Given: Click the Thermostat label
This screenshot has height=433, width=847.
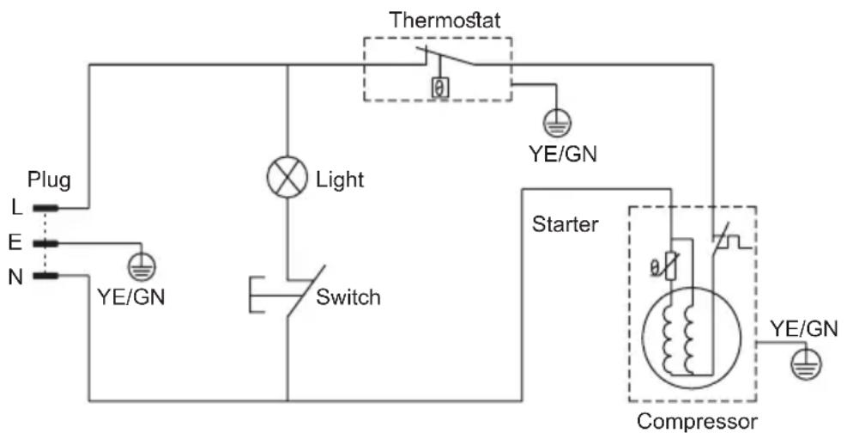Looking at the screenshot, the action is tap(445, 20).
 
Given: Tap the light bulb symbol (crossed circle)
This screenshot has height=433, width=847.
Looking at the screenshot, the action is tap(287, 177).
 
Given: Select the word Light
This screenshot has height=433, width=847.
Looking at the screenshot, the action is tap(340, 180).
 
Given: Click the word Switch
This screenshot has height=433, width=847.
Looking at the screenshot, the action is tap(348, 296).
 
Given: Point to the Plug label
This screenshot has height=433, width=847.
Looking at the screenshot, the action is tap(49, 181).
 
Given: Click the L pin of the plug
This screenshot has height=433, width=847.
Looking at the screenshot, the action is tap(45, 208).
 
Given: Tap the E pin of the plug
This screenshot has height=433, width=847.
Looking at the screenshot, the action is tap(45, 243).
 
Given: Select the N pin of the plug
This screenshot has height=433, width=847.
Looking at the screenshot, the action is tap(45, 277).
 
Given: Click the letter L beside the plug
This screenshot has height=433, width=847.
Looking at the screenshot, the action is tap(17, 207).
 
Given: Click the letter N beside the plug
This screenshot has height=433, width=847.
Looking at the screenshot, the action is tap(15, 277).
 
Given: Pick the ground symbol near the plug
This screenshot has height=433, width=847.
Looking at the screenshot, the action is tap(142, 268).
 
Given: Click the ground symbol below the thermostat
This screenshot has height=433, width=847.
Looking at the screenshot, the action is tap(557, 122).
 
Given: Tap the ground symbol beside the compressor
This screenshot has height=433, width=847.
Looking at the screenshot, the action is tap(806, 365).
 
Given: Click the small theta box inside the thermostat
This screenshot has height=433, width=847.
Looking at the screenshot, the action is tap(440, 87).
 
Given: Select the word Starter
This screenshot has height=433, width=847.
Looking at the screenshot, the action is tap(565, 223).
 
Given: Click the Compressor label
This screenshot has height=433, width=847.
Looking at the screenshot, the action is tap(697, 421).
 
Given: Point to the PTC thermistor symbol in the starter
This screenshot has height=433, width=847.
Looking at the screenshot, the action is tap(671, 265).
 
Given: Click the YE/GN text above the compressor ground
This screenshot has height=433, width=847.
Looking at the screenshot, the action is tap(804, 329).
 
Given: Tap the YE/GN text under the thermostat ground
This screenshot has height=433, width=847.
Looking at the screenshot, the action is tap(563, 154).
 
